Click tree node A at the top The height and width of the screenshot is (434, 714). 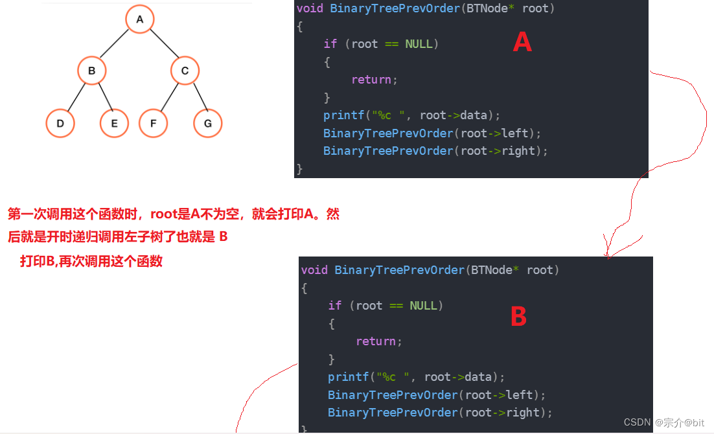(x=139, y=19)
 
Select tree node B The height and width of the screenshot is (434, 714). (x=91, y=71)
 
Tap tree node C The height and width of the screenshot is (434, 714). (x=185, y=71)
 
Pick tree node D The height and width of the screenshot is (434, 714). (x=60, y=123)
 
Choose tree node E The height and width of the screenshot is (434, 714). (x=114, y=123)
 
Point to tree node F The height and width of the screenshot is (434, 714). (x=153, y=123)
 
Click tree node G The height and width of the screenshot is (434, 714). (x=207, y=123)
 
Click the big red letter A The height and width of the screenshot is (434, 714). (x=522, y=43)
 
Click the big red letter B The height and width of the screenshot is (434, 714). (x=518, y=317)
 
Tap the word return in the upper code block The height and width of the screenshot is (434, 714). (x=371, y=80)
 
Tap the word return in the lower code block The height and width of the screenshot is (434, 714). (x=376, y=341)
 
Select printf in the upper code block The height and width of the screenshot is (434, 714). (x=343, y=115)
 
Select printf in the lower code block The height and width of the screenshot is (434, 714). (x=348, y=377)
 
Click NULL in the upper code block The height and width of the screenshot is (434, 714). (x=419, y=44)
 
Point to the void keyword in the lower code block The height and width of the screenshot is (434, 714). (x=314, y=270)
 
